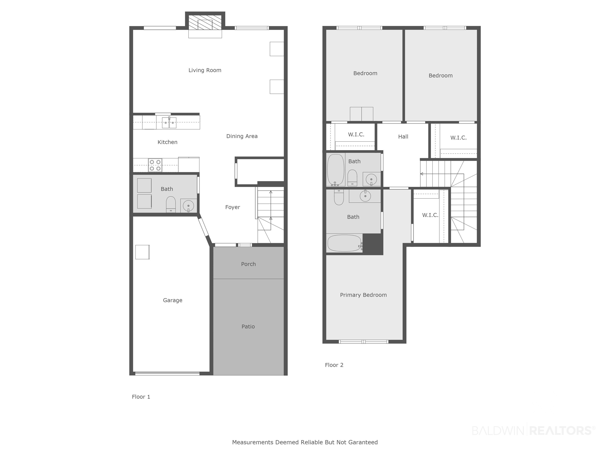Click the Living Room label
[205, 70]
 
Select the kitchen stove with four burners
[155, 165]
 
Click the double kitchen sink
[169, 123]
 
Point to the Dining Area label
[242, 136]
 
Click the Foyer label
[233, 207]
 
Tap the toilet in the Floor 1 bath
[171, 204]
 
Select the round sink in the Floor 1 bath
[188, 206]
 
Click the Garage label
[173, 300]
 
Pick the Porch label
[248, 264]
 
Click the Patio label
[248, 326]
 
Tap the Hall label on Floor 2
[403, 136]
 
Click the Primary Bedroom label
[363, 295]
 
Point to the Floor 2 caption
[334, 365]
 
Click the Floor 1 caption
[141, 397]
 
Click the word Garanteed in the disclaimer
[363, 442]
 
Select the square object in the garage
[142, 252]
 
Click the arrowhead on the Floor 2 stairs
[422, 174]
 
